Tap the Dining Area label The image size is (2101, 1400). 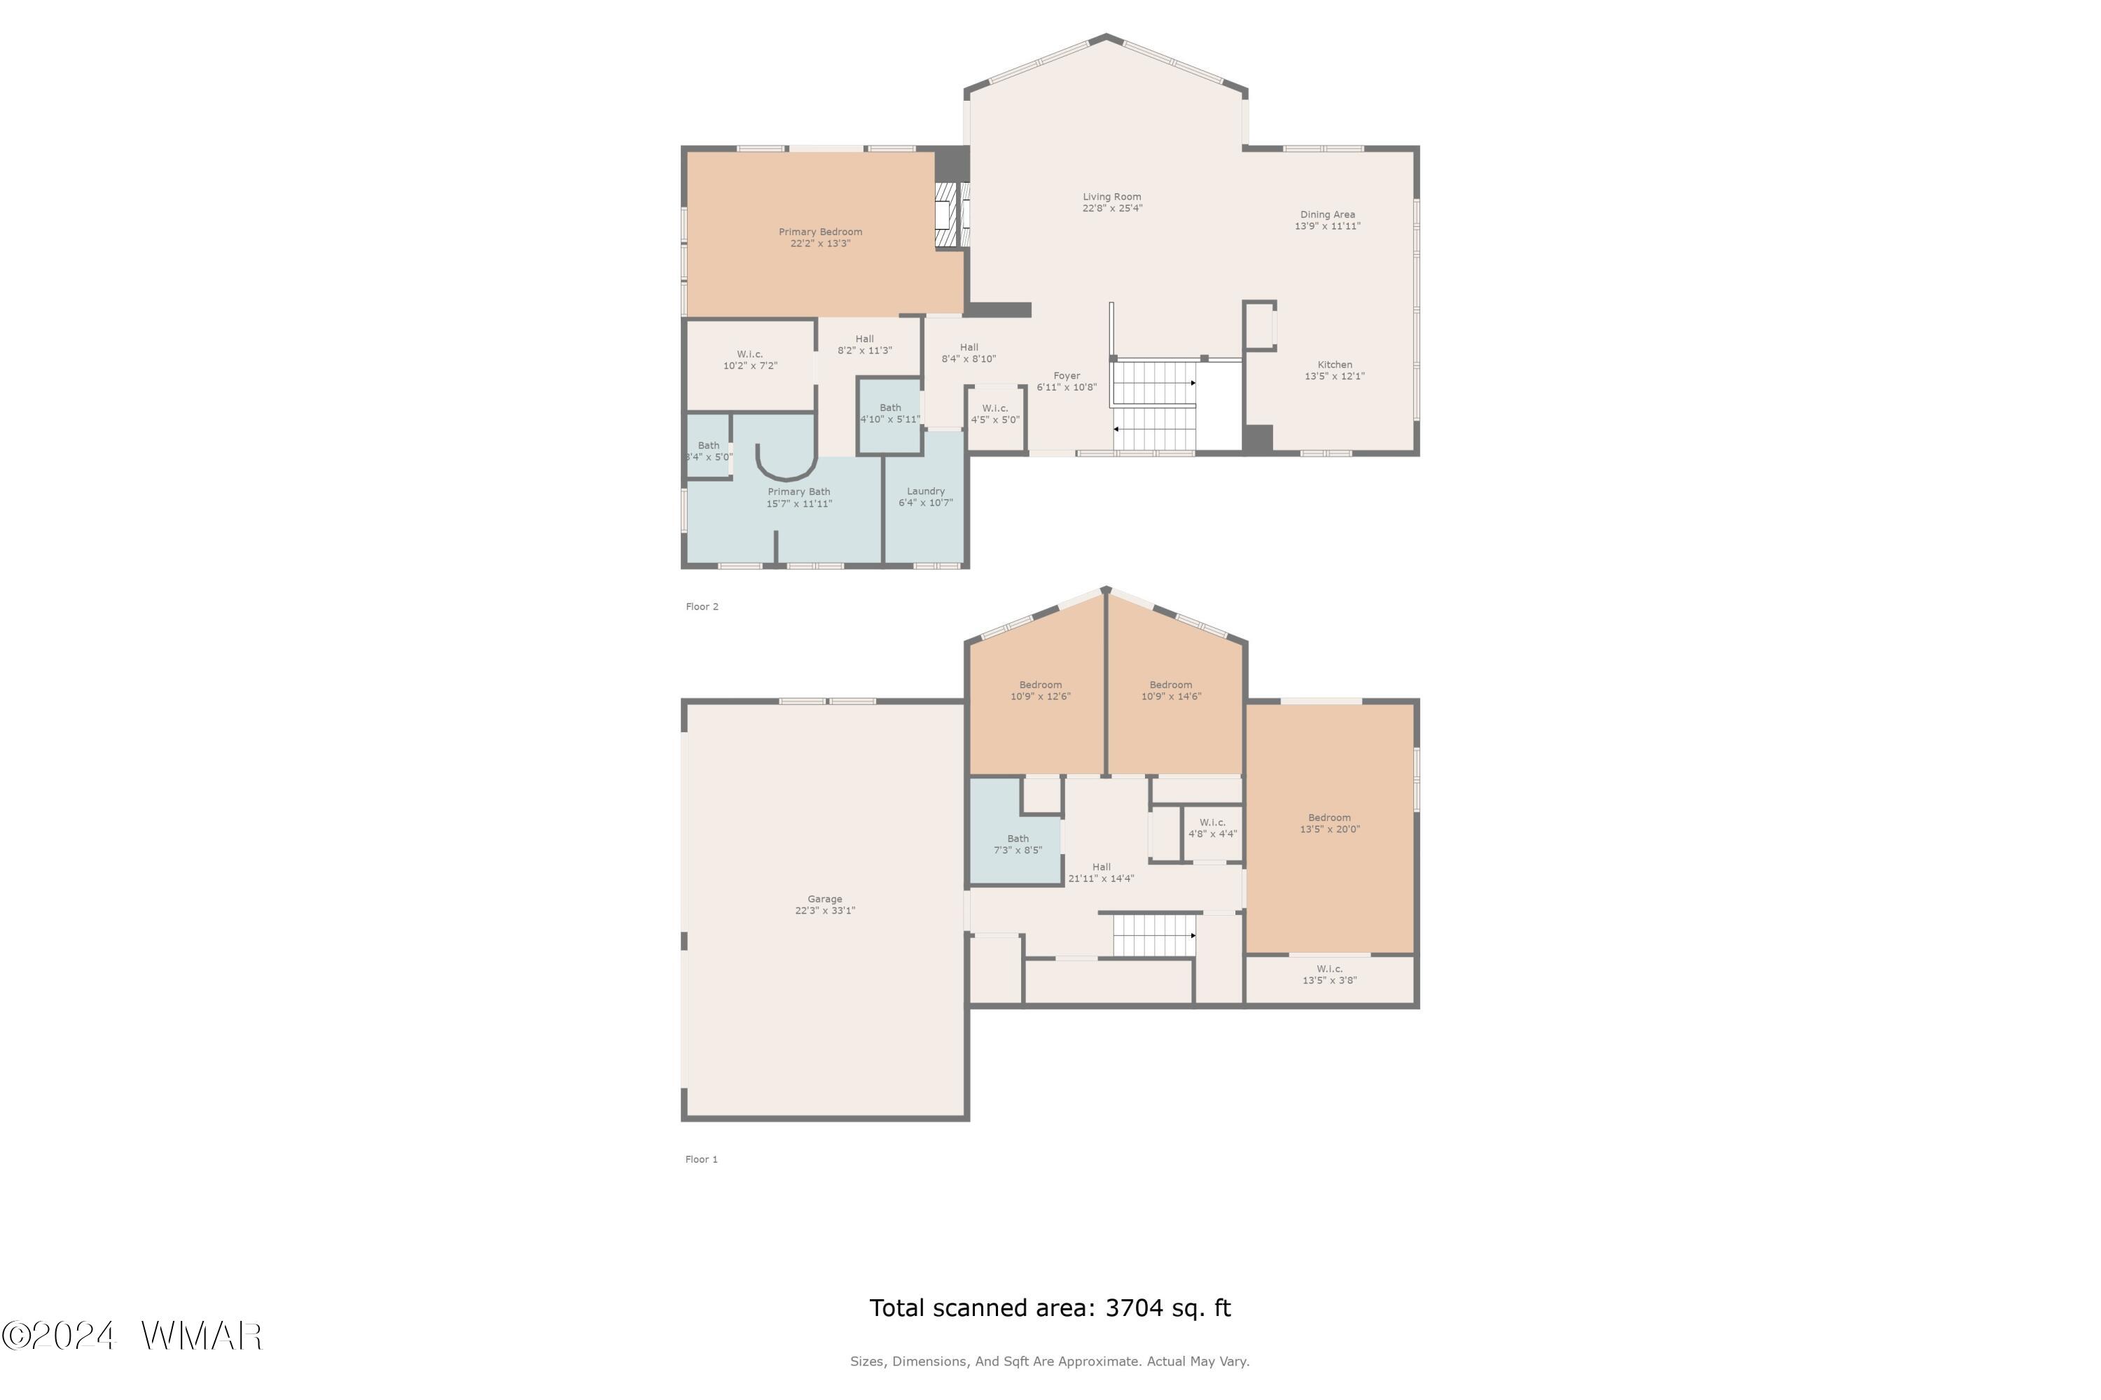(x=1327, y=220)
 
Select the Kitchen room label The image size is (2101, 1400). (x=1335, y=370)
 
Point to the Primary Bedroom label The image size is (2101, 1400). (x=820, y=237)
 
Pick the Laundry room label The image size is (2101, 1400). (x=925, y=497)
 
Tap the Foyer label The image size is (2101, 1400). (x=1067, y=381)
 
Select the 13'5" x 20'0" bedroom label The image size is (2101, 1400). (x=1330, y=823)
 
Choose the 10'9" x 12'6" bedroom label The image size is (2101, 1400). (x=1041, y=690)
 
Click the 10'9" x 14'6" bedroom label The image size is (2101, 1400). (x=1171, y=690)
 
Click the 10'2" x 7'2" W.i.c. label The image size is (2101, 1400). (x=750, y=360)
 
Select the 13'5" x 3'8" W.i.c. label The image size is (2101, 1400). (x=1330, y=974)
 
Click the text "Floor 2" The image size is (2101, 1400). (x=702, y=606)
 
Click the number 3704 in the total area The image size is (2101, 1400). (x=1134, y=1308)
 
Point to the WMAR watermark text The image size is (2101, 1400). (x=202, y=1336)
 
